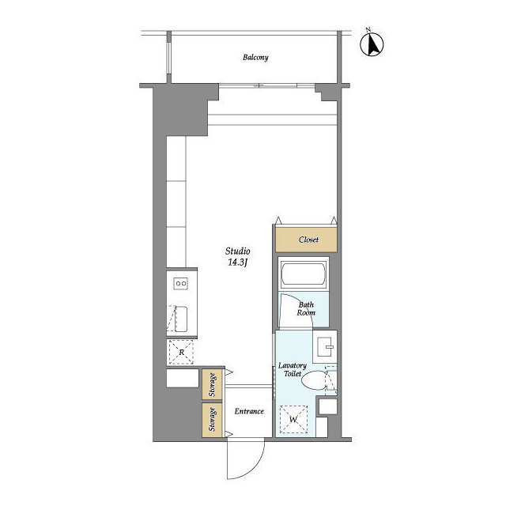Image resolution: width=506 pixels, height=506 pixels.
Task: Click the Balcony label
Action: coord(255,58)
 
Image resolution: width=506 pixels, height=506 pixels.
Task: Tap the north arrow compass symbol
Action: coord(372,44)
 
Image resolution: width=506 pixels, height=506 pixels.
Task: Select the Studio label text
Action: coord(237,251)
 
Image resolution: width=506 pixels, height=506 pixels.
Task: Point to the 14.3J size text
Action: coord(237,262)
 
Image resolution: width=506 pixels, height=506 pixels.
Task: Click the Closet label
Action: coord(308,240)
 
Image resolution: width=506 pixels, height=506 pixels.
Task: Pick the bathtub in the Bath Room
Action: coord(303,274)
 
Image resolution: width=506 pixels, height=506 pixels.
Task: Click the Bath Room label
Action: coord(306,308)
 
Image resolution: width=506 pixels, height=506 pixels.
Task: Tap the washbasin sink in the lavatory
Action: coord(325,347)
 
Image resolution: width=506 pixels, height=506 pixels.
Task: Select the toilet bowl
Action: coord(315,379)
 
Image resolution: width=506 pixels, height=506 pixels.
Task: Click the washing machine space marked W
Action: coord(293,419)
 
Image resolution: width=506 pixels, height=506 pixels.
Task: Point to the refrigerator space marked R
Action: coord(181,352)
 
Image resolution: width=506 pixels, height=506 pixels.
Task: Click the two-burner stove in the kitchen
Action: coord(181,284)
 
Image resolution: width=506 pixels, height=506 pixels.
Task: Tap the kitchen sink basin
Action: coord(181,319)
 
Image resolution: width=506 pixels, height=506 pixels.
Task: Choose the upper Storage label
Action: coord(212,385)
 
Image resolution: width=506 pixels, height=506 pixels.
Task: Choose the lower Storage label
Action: coord(212,419)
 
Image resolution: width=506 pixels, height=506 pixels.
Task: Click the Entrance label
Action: coord(249,411)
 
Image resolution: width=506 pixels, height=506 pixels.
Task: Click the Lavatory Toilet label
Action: coord(293,369)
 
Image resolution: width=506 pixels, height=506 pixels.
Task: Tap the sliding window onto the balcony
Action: coord(267,86)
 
